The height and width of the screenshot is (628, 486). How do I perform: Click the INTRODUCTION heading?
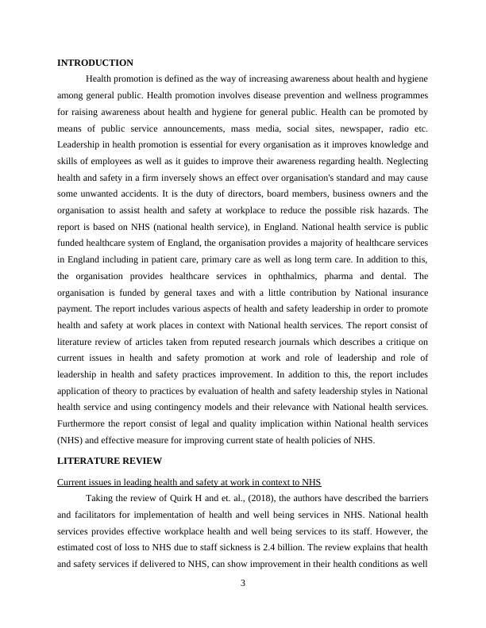95,63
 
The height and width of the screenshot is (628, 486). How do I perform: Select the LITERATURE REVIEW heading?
110,461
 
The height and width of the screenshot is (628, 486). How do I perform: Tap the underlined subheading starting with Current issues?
188,483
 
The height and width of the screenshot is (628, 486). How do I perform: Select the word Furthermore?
83,424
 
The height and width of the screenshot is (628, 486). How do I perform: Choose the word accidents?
124,193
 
